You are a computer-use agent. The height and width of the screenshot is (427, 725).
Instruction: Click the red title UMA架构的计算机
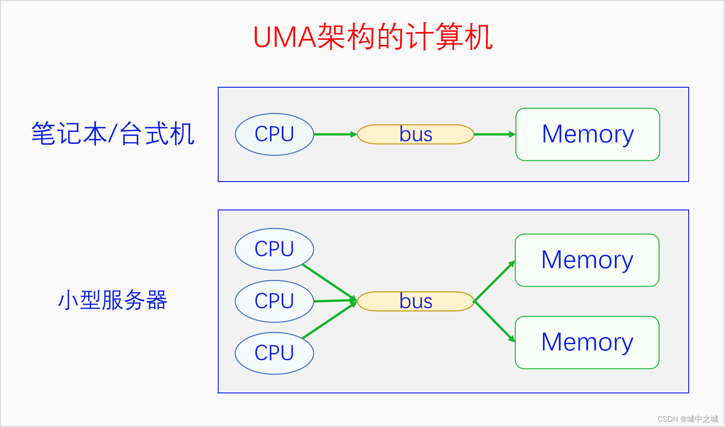point(373,37)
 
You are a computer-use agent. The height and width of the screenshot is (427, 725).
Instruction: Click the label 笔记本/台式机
point(112,133)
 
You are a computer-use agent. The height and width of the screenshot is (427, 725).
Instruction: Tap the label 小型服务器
point(112,300)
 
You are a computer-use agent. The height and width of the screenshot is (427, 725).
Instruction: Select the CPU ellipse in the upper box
point(274,134)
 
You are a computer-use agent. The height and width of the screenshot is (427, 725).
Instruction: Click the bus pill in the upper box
point(416,134)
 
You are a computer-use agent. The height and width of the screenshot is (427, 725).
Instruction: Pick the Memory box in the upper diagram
point(588,134)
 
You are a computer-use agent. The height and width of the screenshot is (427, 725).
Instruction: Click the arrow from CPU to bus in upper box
point(336,134)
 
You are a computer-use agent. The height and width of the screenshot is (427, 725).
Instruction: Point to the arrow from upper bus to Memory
point(495,134)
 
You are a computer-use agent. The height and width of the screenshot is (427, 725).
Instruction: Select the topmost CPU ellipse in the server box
point(274,249)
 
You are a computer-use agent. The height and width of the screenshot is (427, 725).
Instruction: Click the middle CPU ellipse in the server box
point(274,301)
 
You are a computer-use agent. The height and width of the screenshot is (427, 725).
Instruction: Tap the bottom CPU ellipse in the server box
point(274,353)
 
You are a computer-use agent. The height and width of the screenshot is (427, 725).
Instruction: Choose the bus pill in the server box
point(416,301)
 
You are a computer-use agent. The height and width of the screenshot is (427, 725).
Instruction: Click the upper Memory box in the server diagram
point(587,260)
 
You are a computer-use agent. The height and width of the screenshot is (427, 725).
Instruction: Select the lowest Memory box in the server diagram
point(587,342)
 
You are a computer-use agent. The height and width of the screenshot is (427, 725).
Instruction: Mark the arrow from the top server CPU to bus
point(329,282)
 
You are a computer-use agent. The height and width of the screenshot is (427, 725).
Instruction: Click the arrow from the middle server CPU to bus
point(336,301)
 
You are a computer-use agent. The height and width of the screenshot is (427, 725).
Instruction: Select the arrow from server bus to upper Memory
point(494,281)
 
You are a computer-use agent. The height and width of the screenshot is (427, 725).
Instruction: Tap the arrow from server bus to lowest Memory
point(494,322)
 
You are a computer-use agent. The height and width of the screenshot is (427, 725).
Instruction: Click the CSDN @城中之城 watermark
point(687,419)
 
